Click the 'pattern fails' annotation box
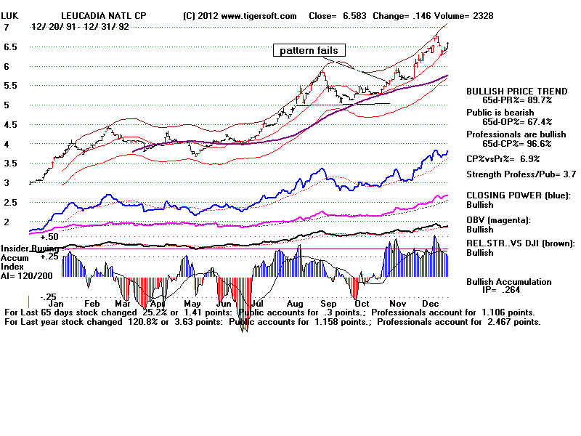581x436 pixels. tap(309, 50)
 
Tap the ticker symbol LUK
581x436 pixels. tap(10, 15)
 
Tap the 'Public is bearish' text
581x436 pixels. tap(500, 113)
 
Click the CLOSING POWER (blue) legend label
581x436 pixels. tap(519, 195)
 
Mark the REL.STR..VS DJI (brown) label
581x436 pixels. tap(520, 243)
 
